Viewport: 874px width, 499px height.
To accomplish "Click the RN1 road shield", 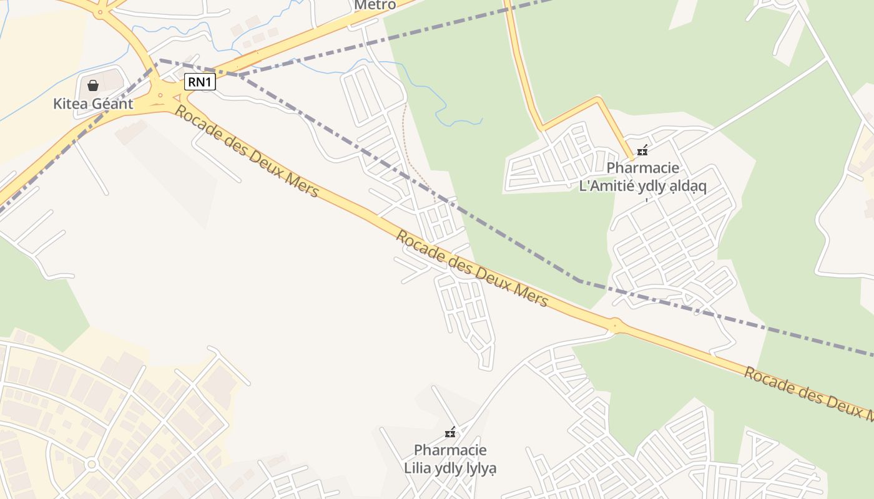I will [x=200, y=82].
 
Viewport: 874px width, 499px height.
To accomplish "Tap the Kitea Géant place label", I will [x=93, y=104].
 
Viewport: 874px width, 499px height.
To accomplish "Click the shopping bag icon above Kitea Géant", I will [x=93, y=85].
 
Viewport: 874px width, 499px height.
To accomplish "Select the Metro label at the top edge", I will [x=375, y=5].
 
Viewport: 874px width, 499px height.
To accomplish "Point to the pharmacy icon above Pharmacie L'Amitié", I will [x=642, y=150].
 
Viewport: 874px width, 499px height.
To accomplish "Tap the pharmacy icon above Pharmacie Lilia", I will [x=449, y=432].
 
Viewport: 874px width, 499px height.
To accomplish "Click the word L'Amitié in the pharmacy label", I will [x=608, y=186].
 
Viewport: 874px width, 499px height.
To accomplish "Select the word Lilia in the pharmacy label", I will [x=418, y=468].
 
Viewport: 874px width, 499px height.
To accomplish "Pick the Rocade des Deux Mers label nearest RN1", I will [x=247, y=151].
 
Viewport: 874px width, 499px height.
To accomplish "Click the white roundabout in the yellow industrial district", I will [x=92, y=464].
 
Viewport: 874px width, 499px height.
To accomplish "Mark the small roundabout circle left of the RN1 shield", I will [x=160, y=95].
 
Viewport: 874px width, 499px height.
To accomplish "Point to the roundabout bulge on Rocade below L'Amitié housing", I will [x=616, y=324].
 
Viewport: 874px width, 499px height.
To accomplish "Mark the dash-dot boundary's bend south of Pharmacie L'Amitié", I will [x=579, y=281].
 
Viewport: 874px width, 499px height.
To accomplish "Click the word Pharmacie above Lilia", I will [x=450, y=450].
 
